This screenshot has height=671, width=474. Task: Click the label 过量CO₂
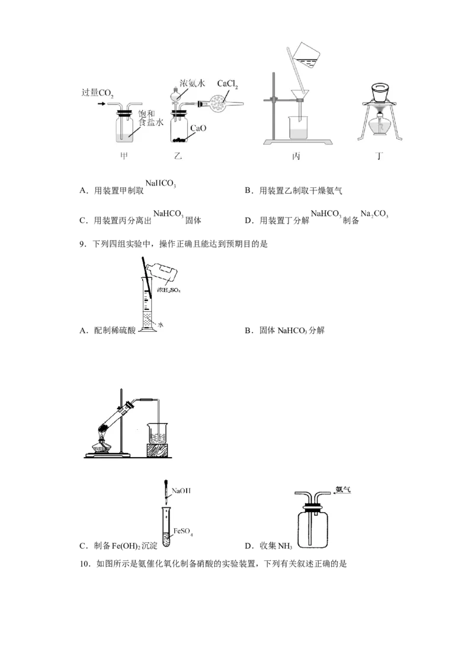pyautogui.click(x=98, y=93)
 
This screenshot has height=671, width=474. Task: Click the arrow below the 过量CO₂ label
pyautogui.click(x=102, y=104)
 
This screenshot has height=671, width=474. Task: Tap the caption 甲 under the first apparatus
pyautogui.click(x=124, y=156)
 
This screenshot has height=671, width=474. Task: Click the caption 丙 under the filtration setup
pyautogui.click(x=296, y=156)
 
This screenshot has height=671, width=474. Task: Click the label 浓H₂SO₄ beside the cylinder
pyautogui.click(x=168, y=290)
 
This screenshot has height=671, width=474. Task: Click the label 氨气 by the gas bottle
pyautogui.click(x=344, y=490)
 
